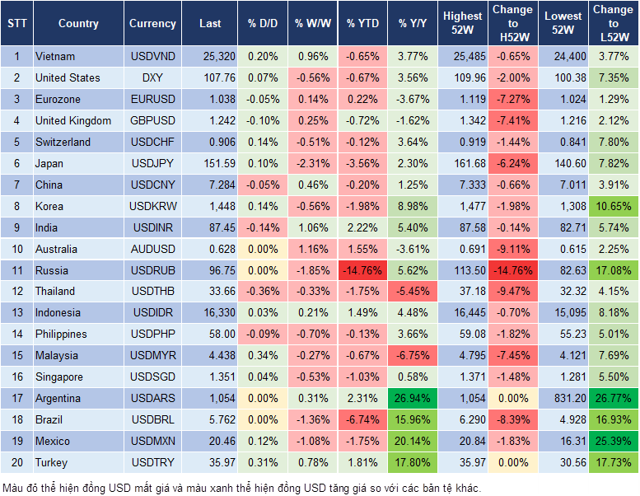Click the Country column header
[x=78, y=24]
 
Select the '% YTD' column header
[x=362, y=24]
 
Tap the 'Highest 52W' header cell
[x=462, y=24]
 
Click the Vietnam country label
[x=55, y=57]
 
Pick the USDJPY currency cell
[x=152, y=164]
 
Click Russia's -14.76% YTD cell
[x=362, y=270]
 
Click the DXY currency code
[x=152, y=78]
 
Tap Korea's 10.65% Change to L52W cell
[x=614, y=206]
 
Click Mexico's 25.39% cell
[x=614, y=442]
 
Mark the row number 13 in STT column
[x=16, y=313]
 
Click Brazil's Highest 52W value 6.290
[x=462, y=420]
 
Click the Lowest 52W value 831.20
[x=563, y=399]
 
